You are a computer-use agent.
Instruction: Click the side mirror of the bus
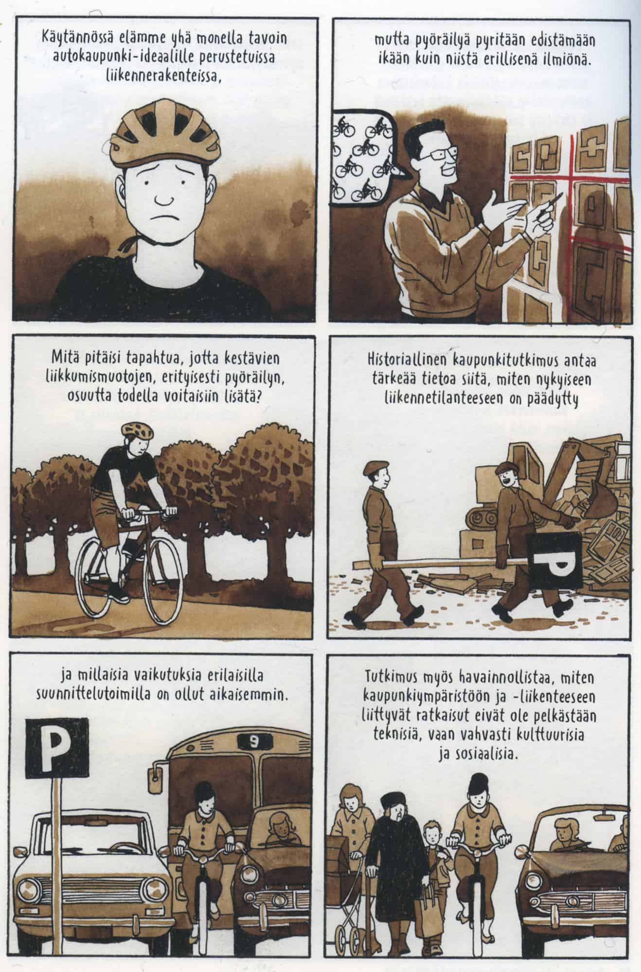[x=158, y=783]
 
